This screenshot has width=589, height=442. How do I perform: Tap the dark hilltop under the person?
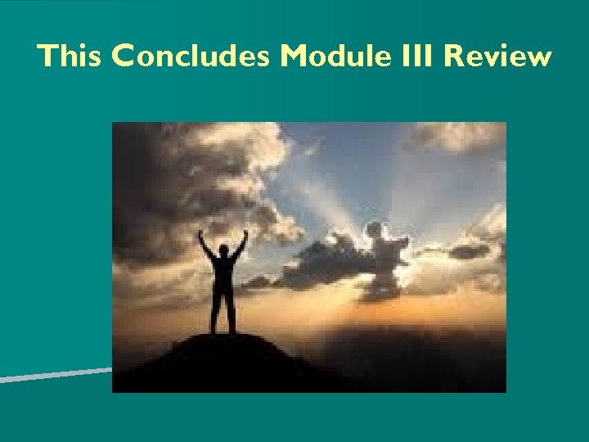tap(221, 360)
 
